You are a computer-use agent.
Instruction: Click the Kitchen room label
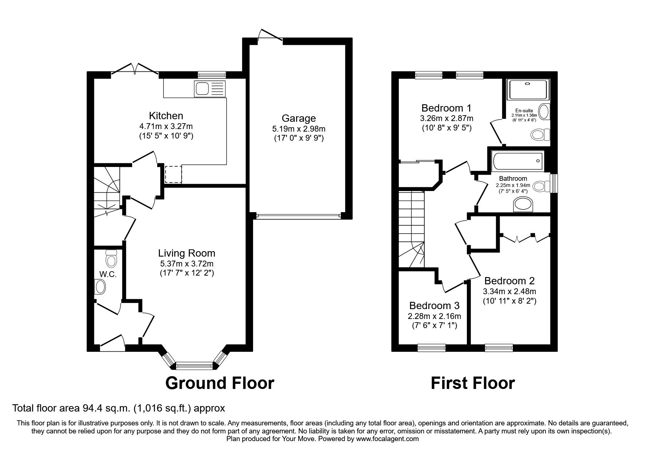pyautogui.click(x=166, y=116)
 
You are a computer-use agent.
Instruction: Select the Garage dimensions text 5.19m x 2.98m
pyautogui.click(x=299, y=129)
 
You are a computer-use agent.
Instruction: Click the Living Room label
pyautogui.click(x=186, y=253)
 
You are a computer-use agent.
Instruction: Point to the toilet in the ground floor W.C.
pyautogui.click(x=111, y=258)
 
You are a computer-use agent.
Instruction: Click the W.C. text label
pyautogui.click(x=108, y=274)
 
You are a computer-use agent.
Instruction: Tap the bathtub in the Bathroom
pyautogui.click(x=517, y=161)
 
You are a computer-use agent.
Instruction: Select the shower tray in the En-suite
pyautogui.click(x=527, y=90)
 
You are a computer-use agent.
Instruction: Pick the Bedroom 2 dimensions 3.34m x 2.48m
pyautogui.click(x=510, y=292)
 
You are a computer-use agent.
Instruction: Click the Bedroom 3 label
pyautogui.click(x=434, y=305)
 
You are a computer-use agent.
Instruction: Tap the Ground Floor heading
pyautogui.click(x=220, y=383)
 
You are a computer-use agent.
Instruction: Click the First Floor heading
pyautogui.click(x=473, y=383)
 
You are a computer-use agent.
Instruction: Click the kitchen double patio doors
pyautogui.click(x=135, y=70)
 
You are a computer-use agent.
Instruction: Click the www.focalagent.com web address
pyautogui.click(x=388, y=439)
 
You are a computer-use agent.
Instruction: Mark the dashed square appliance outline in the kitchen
pyautogui.click(x=173, y=174)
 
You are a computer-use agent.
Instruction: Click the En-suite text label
pyautogui.click(x=524, y=111)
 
